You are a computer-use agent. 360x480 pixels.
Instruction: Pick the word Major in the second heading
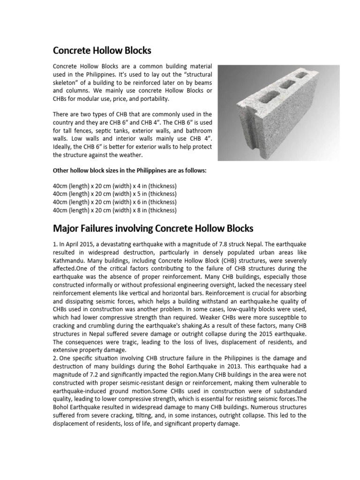point(66,228)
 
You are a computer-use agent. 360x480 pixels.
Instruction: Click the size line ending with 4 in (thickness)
point(114,185)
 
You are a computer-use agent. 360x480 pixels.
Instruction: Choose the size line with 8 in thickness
point(114,210)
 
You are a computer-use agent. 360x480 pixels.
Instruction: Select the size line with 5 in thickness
point(114,194)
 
